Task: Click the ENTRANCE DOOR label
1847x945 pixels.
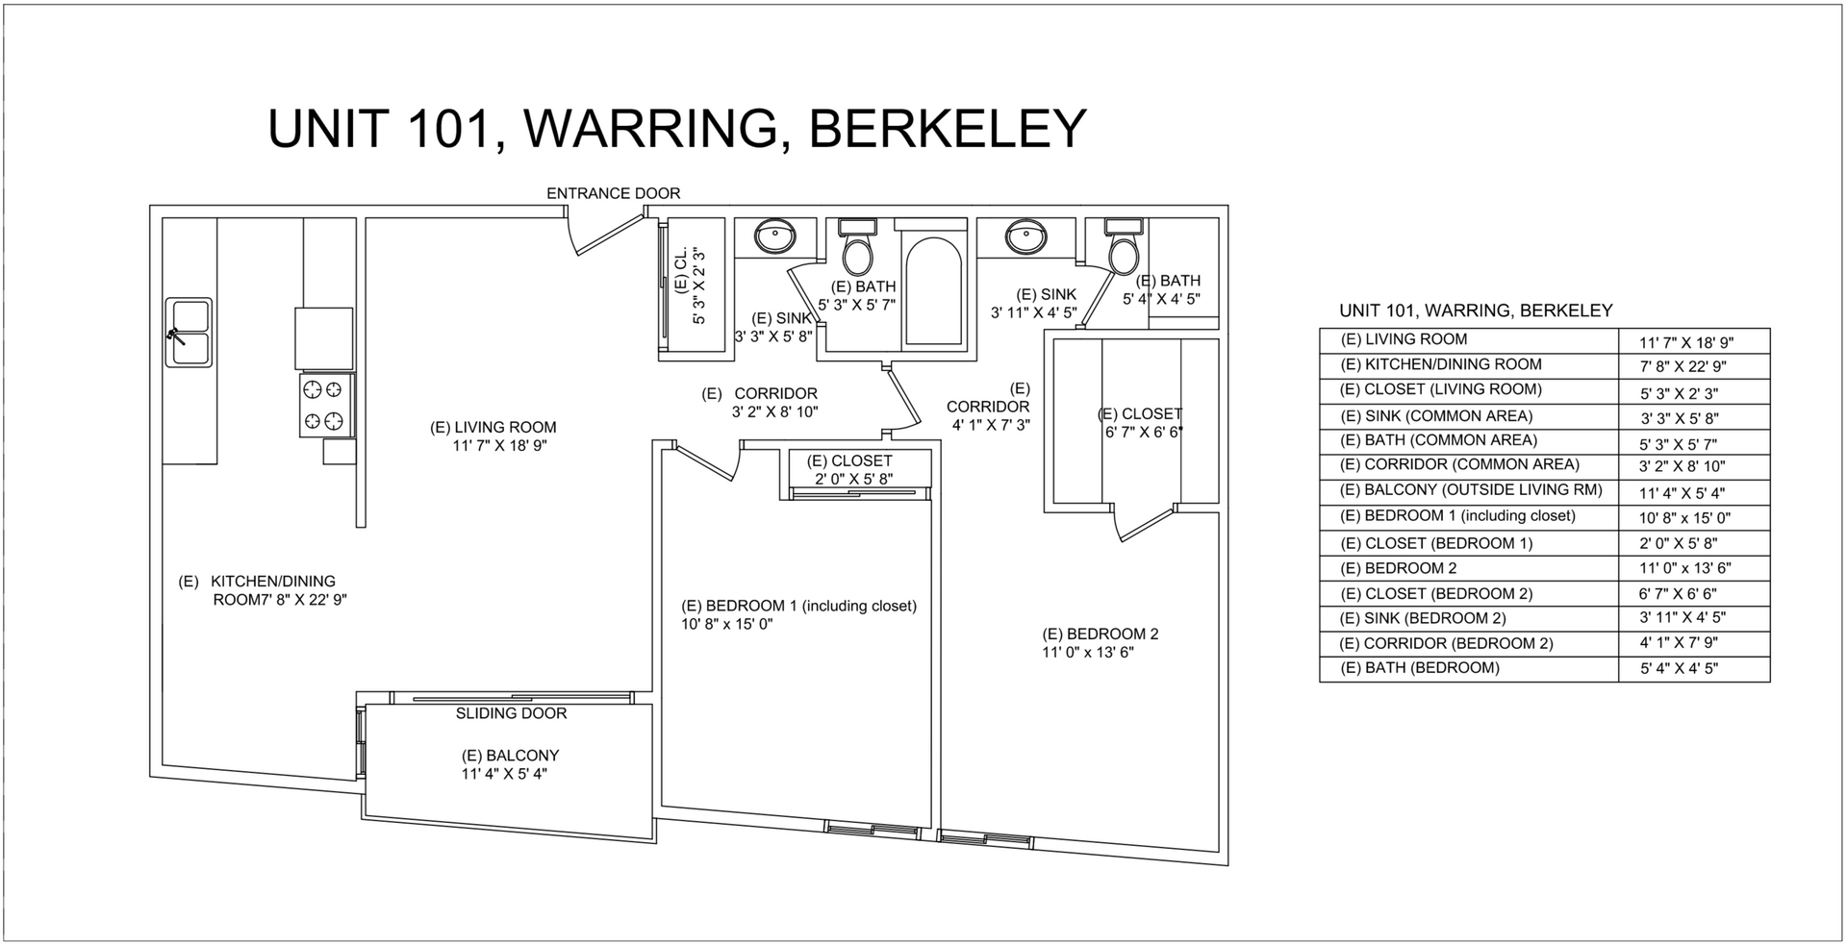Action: coord(613,193)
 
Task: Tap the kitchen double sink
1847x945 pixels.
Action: coord(190,333)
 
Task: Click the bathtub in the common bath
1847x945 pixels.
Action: coord(934,287)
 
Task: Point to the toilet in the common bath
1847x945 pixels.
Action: coord(856,249)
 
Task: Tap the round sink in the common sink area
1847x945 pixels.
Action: coord(773,236)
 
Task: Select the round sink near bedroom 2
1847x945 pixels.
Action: coord(1026,236)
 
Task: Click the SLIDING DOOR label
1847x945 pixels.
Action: coord(511,713)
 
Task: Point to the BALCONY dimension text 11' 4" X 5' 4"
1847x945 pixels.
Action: coord(504,774)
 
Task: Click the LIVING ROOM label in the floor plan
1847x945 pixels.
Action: coord(493,428)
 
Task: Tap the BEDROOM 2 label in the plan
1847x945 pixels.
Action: coord(1101,634)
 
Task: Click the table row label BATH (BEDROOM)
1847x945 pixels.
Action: coord(1420,668)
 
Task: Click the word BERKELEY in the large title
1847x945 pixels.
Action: coord(948,129)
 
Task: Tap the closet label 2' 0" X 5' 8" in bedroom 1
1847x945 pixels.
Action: coord(854,479)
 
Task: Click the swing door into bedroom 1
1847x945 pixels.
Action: coord(708,462)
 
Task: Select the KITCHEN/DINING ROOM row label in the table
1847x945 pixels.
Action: coord(1441,364)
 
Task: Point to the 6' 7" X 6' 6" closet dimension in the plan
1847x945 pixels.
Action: coord(1143,433)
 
